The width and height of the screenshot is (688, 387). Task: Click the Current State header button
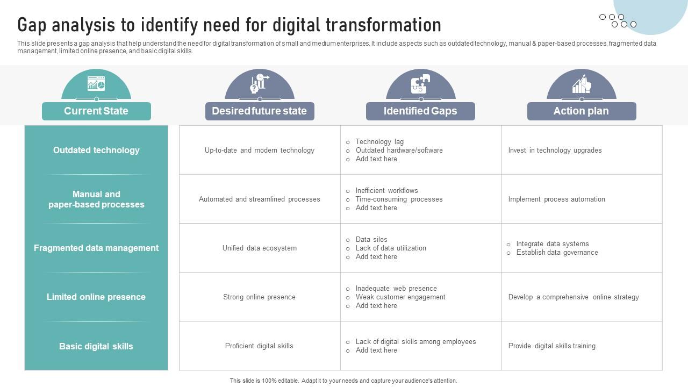pos(96,111)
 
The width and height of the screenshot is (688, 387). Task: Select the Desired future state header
pos(259,111)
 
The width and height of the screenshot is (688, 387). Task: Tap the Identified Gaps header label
pos(420,111)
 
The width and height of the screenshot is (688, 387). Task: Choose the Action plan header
pos(581,111)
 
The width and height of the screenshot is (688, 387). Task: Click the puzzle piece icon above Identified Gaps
pos(420,84)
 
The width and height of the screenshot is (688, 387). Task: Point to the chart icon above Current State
pos(96,83)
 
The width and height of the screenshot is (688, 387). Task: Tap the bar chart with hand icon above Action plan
pos(582,84)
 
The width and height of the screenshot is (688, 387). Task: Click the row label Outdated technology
pos(96,150)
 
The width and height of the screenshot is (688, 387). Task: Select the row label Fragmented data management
pos(96,248)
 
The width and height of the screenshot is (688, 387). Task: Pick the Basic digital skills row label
pos(96,347)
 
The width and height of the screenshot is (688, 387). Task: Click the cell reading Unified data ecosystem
pos(259,248)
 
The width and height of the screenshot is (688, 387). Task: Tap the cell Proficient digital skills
pos(259,346)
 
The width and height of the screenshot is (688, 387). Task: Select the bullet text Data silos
pos(371,240)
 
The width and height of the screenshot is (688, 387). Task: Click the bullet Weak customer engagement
pos(400,297)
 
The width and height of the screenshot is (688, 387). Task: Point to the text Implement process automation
pos(556,199)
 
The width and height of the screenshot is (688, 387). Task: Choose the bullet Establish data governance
pos(557,253)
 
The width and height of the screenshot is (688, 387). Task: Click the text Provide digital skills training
pos(551,346)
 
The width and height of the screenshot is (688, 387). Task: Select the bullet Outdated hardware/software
pos(399,150)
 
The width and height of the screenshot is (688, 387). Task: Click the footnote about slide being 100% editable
pos(343,381)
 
